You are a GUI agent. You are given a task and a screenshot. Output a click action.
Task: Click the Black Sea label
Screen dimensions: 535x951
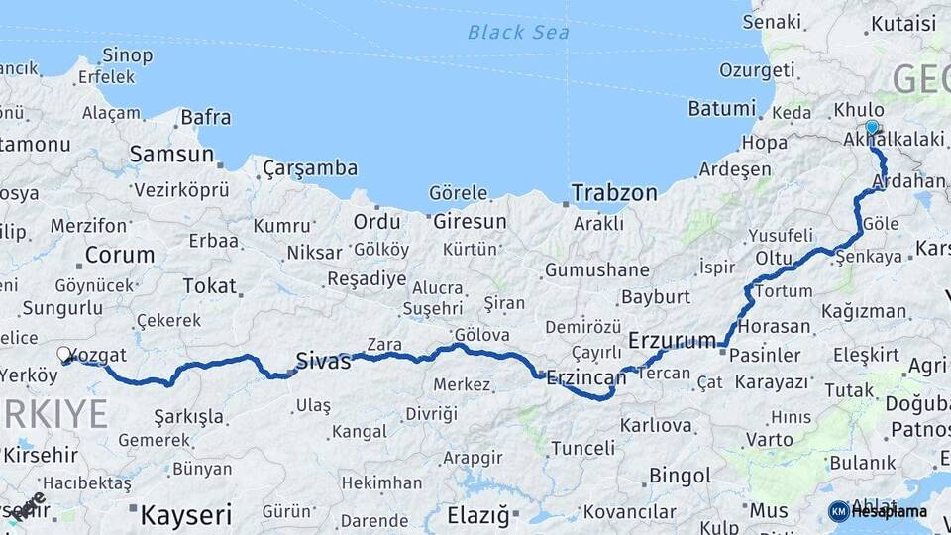point(518,33)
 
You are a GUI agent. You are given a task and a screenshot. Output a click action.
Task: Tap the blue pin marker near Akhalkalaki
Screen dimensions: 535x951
point(872,127)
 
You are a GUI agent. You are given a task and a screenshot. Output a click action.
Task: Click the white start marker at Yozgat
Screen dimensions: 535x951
point(64,354)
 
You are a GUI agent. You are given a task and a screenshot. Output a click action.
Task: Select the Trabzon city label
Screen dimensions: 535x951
point(614,192)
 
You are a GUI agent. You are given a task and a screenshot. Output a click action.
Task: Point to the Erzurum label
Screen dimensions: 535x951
point(672,341)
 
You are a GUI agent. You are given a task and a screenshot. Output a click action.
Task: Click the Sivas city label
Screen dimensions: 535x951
point(323,362)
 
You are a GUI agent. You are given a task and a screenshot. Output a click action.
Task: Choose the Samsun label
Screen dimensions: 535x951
point(171,155)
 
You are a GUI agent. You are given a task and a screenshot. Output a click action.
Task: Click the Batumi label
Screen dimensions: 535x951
point(722,109)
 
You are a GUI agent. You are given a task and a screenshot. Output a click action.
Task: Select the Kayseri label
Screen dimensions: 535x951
point(186,515)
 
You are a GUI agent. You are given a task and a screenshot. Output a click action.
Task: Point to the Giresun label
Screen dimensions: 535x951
point(470,221)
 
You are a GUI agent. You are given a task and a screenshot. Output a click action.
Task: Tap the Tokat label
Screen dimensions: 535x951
point(210,286)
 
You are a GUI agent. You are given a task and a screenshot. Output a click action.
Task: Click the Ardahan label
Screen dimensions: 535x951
point(909,181)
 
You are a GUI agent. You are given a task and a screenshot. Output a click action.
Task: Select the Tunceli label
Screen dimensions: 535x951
point(582,448)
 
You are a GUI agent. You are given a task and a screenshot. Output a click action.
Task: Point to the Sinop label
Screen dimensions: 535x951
point(128,54)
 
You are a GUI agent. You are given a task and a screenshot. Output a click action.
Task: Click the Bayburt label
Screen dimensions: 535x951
point(655,296)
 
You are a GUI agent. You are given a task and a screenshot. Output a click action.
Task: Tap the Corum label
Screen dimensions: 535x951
point(119,255)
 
